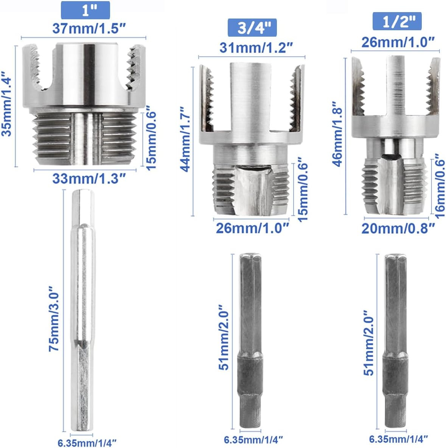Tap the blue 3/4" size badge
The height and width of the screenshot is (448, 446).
252,28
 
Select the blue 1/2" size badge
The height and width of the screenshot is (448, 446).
397,21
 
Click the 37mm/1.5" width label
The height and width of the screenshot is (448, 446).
89,28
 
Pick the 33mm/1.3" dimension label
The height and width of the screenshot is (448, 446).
89,178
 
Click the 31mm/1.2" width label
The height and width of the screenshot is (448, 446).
256,48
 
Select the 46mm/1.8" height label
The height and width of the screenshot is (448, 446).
337,133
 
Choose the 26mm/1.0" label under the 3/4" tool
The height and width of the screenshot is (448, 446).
252,228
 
